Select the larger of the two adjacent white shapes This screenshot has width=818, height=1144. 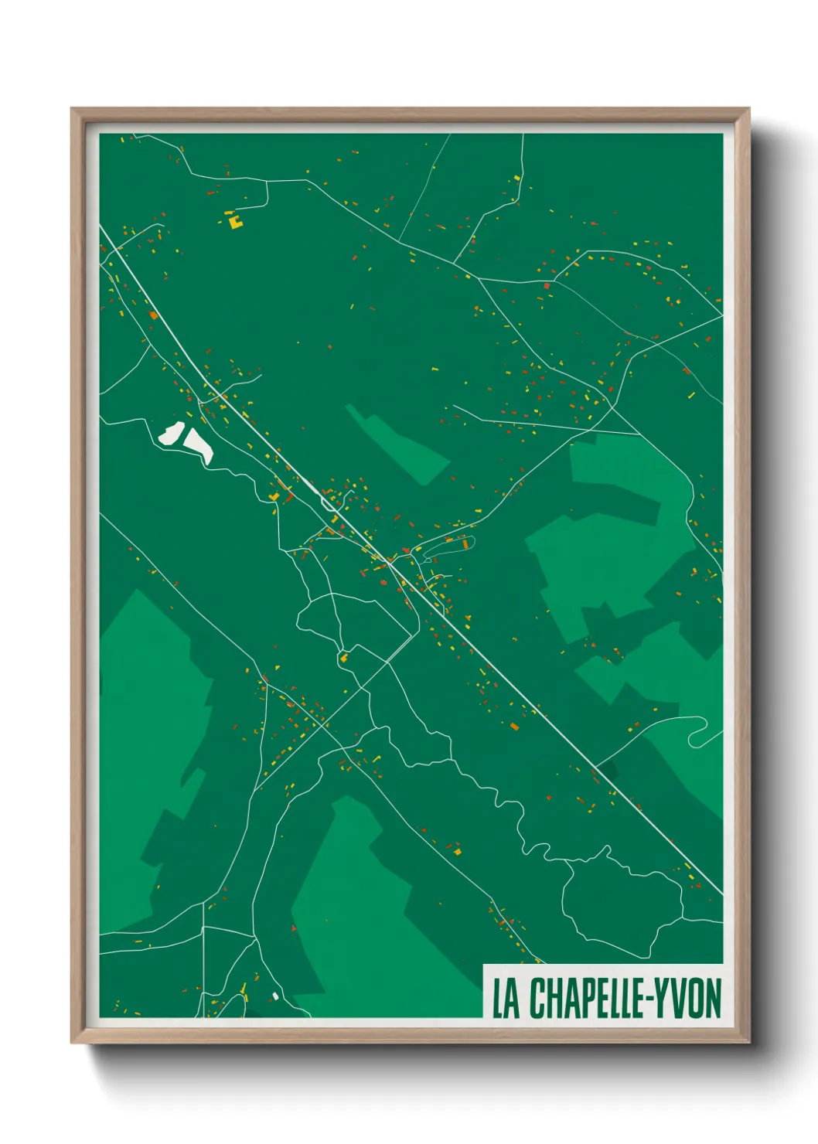coord(198,445)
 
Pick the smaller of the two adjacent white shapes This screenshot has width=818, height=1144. coord(170,434)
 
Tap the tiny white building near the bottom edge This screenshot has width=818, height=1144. coord(274,996)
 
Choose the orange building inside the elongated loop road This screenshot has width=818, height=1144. coord(465,543)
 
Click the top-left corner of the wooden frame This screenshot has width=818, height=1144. coord(72,109)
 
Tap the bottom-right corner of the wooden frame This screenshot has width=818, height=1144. coord(748,1042)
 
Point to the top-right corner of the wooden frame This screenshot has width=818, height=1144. coord(748,109)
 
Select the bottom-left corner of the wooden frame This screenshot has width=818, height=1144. coord(72,1042)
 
